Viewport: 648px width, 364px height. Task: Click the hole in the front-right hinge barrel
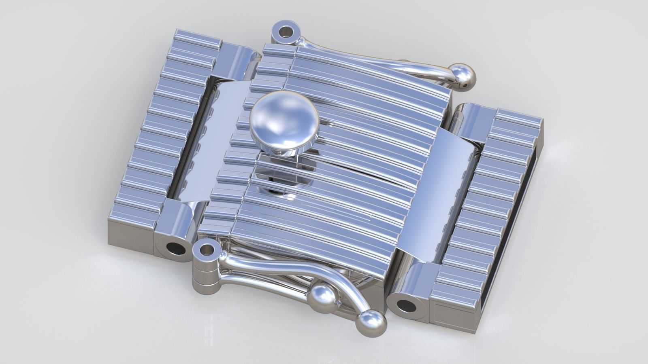(x=407, y=306)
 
